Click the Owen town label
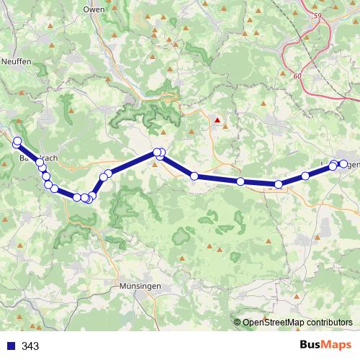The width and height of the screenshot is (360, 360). pos(94,9)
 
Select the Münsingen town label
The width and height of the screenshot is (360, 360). pos(135,286)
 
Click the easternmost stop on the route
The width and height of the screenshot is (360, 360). pos(343,164)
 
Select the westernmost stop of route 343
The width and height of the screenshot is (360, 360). pos(16,142)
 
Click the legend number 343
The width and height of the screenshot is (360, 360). pos(30,346)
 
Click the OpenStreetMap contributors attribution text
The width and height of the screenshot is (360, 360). pos(297,323)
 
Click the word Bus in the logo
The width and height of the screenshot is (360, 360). pos(311,346)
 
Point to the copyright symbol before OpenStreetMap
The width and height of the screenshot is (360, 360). pos(238,323)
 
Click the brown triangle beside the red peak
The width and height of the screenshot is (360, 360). pos(226,127)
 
